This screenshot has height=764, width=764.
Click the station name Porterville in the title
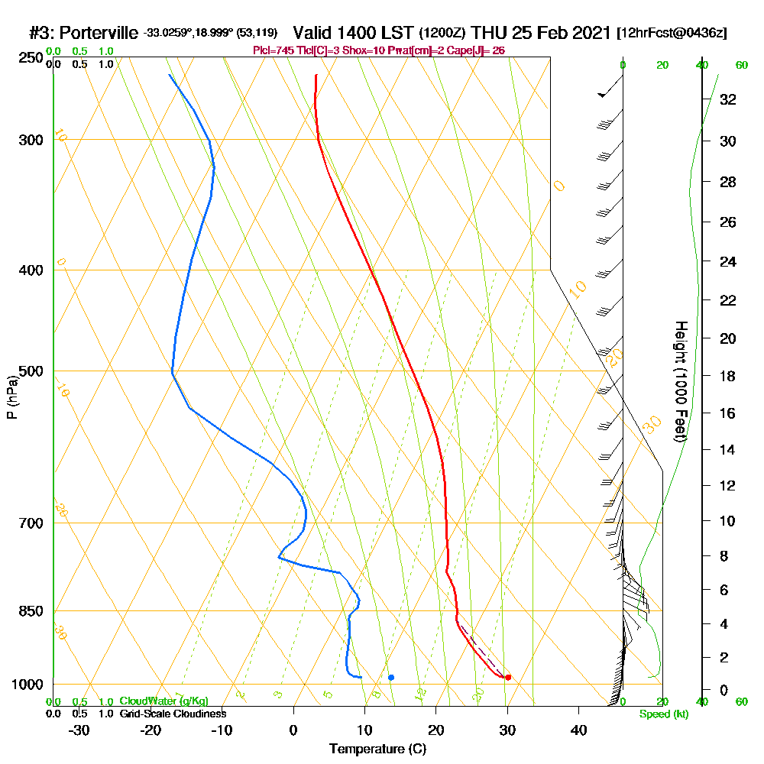[x=99, y=33]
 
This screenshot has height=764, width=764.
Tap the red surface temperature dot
[x=508, y=678]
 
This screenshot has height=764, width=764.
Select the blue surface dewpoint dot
[x=391, y=677]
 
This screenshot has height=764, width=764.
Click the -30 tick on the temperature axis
[x=79, y=730]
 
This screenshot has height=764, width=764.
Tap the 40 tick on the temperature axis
[x=579, y=730]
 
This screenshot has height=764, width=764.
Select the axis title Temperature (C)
[x=377, y=749]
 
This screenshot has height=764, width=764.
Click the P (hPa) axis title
[x=11, y=397]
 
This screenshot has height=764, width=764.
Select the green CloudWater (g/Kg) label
[x=163, y=701]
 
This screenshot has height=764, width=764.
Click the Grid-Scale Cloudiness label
[x=173, y=714]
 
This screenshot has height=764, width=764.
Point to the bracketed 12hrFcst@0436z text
[x=672, y=34]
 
